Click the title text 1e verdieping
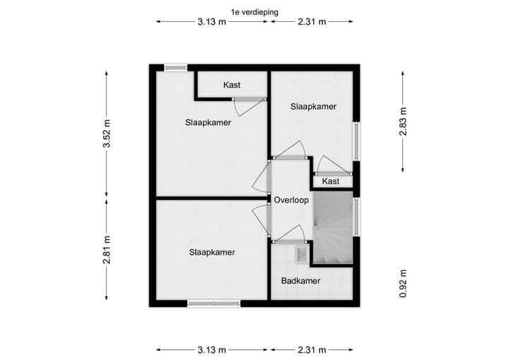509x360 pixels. point(254,11)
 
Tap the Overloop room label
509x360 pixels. point(292,200)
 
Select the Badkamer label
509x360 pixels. point(300,281)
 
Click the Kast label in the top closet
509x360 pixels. point(232,85)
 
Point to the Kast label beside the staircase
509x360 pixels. point(330,182)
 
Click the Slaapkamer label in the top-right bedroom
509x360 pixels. point(313,106)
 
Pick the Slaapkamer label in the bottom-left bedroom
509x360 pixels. point(212,252)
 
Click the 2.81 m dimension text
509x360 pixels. point(106,249)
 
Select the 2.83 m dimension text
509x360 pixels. point(403,120)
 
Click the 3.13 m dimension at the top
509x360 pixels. point(212,22)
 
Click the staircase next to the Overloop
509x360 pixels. point(332,230)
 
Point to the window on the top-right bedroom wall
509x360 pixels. point(356,142)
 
